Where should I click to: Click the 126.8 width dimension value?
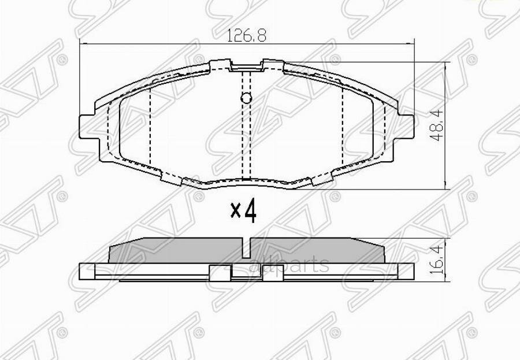tap(246, 36)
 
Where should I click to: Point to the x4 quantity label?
tap(243, 211)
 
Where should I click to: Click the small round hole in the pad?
tap(246, 98)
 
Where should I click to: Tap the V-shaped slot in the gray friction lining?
tap(246, 248)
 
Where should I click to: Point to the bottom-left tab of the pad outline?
tap(170, 176)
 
